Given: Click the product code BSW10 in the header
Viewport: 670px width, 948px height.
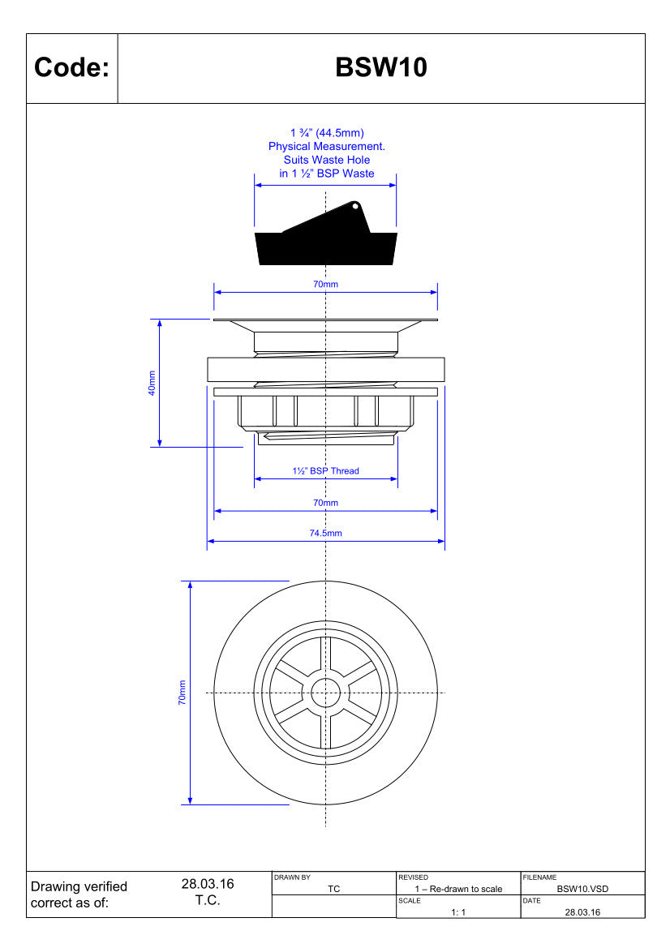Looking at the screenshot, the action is coord(381,67).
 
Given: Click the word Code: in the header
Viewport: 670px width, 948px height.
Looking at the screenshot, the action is coord(72,67).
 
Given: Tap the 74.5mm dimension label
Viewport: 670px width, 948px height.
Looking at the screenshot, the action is coord(326,534).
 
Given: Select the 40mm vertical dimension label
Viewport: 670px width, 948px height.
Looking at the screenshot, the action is coord(152,384).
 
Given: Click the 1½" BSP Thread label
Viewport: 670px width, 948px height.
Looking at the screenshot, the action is coord(326,471).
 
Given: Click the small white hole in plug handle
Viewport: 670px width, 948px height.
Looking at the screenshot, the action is coord(355,206).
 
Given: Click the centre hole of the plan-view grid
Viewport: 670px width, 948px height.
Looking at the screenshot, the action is coord(326,693).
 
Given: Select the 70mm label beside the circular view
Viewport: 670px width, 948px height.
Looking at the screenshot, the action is coord(182,693).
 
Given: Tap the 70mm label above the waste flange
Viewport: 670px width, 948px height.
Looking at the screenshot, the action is coord(326,284).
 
